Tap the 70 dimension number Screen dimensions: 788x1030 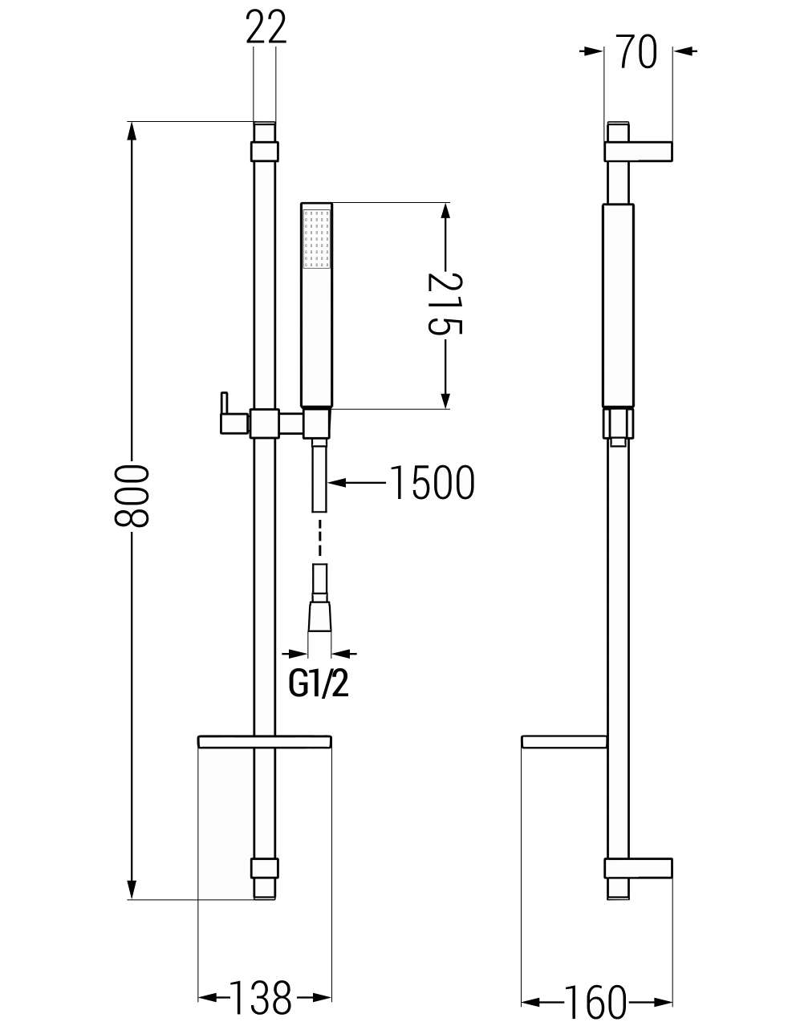tap(636, 51)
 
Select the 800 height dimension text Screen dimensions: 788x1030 tap(132, 496)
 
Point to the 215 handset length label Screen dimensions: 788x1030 tap(445, 304)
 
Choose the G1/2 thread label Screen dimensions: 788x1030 tap(319, 686)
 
